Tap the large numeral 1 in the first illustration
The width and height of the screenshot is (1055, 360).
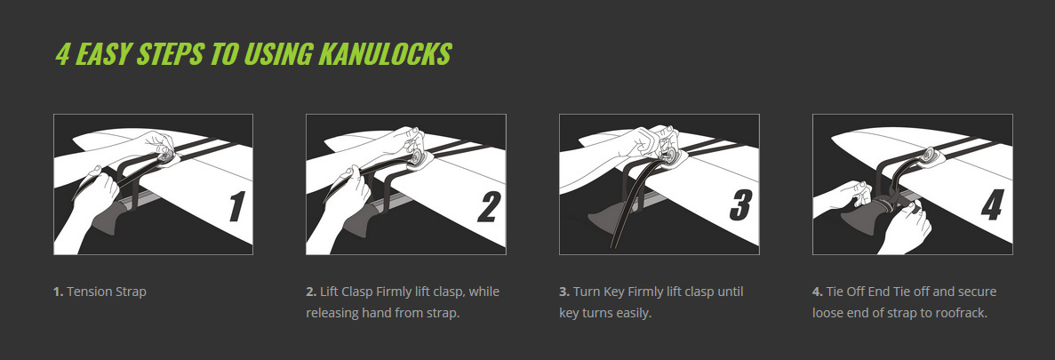[x=236, y=205]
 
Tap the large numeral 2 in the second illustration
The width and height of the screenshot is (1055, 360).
[x=489, y=205]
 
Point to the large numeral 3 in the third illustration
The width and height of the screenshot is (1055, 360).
[x=741, y=205]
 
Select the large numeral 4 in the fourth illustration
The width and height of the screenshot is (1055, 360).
[x=993, y=205]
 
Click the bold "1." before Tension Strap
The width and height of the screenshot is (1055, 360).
[x=59, y=292]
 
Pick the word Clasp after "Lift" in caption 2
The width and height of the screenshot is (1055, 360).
[x=358, y=292]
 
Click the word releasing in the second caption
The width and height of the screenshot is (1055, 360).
[x=332, y=314]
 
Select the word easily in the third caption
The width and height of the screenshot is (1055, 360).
[x=634, y=314]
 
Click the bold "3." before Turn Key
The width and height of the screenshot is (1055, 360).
[x=564, y=292]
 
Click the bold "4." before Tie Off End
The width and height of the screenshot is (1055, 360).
[x=818, y=292]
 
